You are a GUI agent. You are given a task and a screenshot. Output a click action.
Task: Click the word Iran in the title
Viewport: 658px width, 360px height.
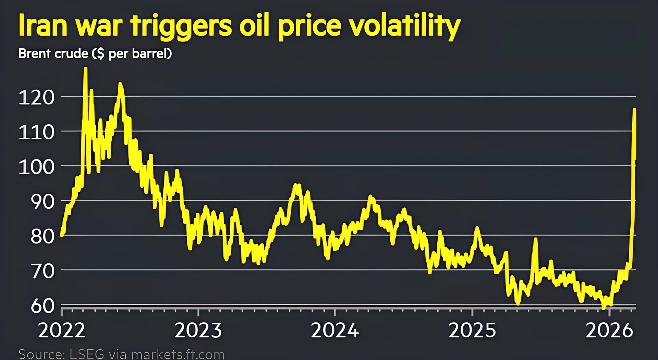click(x=42, y=26)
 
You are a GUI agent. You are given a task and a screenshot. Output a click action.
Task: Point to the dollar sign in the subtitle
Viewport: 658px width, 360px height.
click(x=100, y=54)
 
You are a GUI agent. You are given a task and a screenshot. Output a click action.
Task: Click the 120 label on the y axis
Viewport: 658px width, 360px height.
click(x=36, y=97)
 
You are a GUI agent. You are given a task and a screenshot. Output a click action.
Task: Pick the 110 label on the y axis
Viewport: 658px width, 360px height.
click(x=36, y=132)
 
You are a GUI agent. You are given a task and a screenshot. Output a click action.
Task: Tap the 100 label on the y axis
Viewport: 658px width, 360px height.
click(x=36, y=167)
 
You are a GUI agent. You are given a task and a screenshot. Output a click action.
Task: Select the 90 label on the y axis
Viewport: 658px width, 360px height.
click(x=42, y=202)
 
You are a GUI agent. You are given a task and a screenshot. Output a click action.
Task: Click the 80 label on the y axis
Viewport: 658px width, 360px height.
click(x=42, y=236)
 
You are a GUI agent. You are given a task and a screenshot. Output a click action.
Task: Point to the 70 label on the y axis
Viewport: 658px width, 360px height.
click(x=42, y=271)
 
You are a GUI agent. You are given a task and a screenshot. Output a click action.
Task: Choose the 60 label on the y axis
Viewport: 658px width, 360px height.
click(x=42, y=306)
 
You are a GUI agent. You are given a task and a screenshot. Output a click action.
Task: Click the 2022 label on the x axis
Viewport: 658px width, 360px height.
click(x=62, y=331)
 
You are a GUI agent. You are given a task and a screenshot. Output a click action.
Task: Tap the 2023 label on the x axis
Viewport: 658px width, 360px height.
click(x=198, y=331)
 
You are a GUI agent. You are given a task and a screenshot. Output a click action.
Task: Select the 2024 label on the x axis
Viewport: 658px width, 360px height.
click(x=335, y=331)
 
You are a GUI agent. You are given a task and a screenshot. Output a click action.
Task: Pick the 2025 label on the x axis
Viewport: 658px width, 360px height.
click(x=472, y=331)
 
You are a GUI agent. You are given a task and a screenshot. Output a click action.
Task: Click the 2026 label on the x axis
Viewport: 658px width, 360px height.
click(x=609, y=331)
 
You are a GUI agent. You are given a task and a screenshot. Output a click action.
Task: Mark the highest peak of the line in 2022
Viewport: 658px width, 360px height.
click(x=85, y=69)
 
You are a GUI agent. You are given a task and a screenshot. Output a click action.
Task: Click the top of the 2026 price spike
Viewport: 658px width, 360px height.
click(x=634, y=110)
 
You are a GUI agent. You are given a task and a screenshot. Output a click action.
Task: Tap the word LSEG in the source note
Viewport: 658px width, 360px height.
click(x=87, y=354)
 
